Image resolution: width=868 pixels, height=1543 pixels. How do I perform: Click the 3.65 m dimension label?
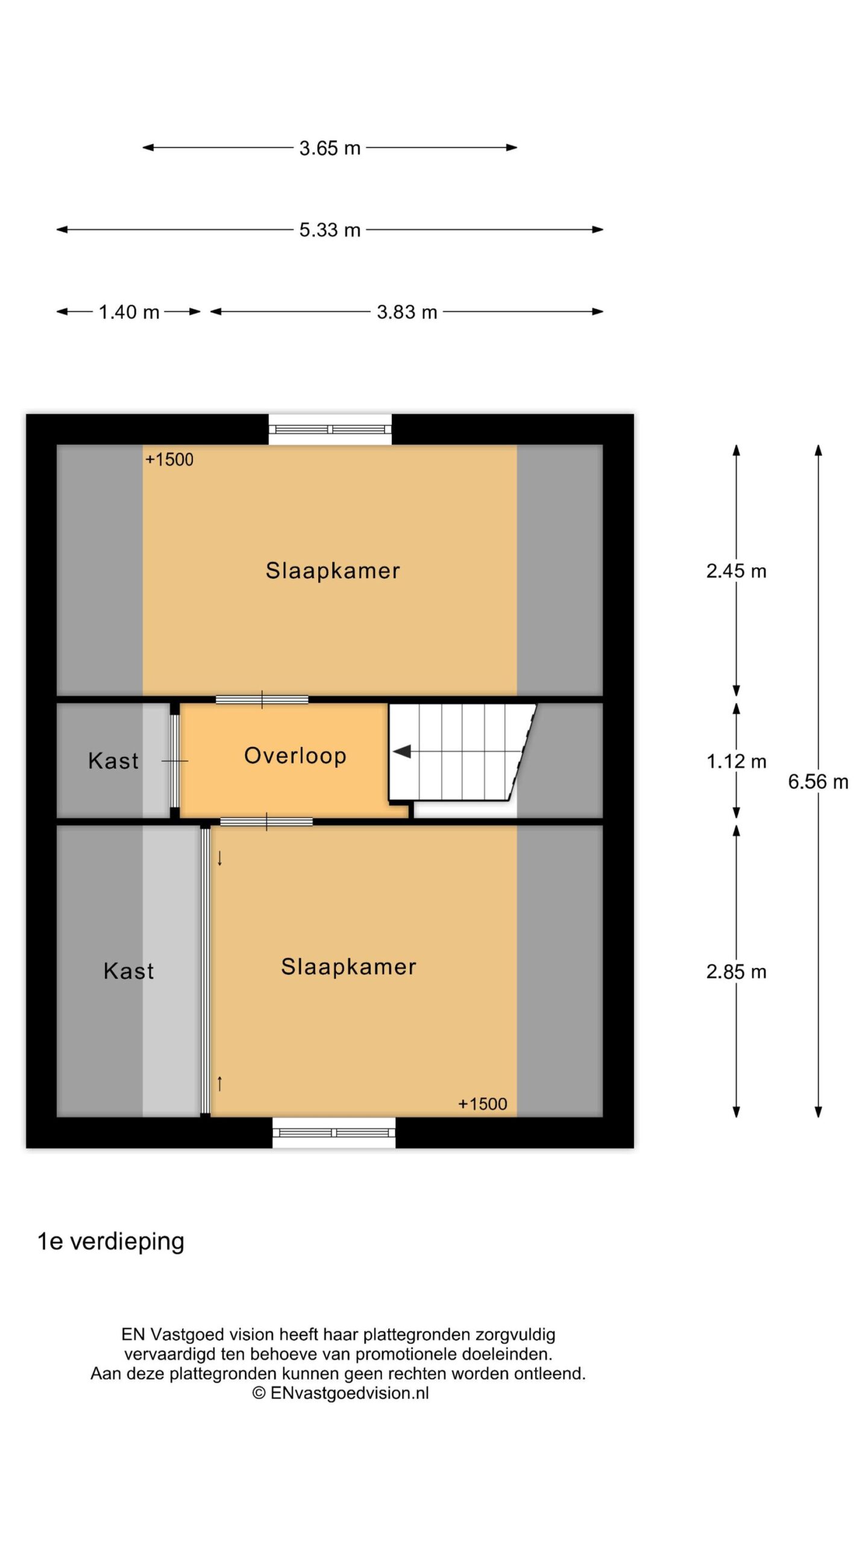(x=330, y=148)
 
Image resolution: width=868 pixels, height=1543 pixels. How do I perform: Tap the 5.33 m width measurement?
(x=330, y=230)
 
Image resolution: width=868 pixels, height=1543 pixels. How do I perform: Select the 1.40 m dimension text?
(x=129, y=312)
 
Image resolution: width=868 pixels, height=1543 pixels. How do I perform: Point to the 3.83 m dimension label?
(x=407, y=312)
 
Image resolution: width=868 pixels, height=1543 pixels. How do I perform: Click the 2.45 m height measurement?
(x=736, y=571)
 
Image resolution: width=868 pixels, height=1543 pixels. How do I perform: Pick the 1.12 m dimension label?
(x=736, y=761)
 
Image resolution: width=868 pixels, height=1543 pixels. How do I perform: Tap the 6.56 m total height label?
(x=818, y=782)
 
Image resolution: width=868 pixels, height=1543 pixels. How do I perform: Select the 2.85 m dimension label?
(x=736, y=972)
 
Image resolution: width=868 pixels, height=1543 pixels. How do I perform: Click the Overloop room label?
(x=295, y=755)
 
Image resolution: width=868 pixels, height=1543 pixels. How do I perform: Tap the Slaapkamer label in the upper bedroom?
(x=333, y=571)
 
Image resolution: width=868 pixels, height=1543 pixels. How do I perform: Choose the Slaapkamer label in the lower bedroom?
(x=348, y=967)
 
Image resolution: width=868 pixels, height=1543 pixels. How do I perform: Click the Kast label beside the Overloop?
(x=113, y=761)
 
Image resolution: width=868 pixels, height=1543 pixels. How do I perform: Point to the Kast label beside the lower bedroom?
(x=128, y=971)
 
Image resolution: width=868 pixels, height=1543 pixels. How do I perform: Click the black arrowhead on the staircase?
(x=402, y=752)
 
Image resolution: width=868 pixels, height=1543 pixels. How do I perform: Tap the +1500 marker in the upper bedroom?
(x=169, y=460)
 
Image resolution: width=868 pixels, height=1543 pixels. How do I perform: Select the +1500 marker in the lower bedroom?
(x=483, y=1104)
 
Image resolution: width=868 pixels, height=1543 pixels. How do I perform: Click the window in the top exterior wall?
(x=330, y=429)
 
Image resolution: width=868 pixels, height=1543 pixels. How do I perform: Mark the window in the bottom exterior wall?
(x=334, y=1133)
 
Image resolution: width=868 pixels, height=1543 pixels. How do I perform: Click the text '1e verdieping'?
(x=111, y=1242)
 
